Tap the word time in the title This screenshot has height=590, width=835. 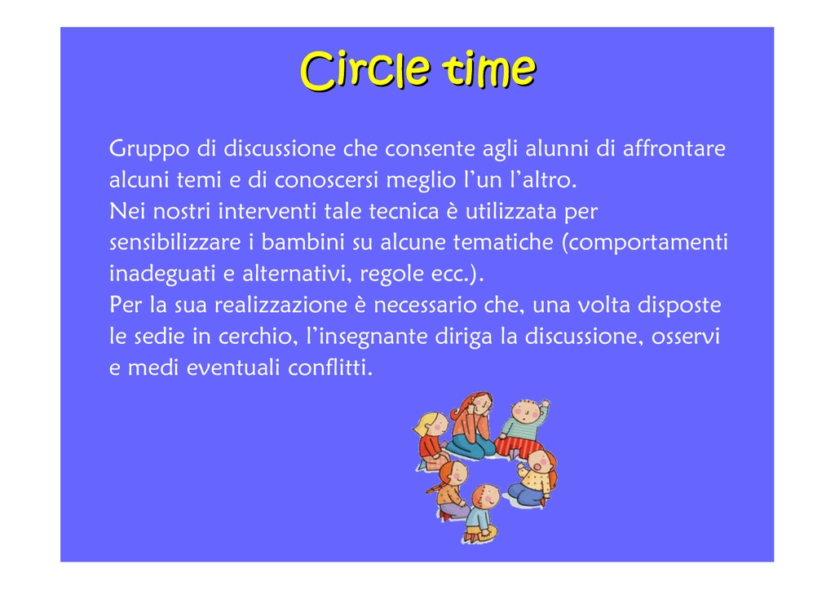click(x=490, y=69)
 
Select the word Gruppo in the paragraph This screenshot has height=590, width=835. click(x=149, y=149)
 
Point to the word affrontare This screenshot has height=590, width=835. click(x=674, y=147)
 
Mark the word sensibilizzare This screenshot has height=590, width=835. click(x=175, y=242)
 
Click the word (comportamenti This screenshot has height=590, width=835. click(x=645, y=243)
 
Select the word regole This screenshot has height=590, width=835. click(x=392, y=274)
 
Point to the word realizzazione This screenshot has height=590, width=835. click(x=281, y=305)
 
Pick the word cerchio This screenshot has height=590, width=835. click(x=258, y=337)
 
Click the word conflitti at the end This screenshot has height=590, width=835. click(x=330, y=367)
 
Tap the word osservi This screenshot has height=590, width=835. click(x=686, y=337)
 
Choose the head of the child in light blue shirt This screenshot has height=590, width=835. click(x=486, y=497)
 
